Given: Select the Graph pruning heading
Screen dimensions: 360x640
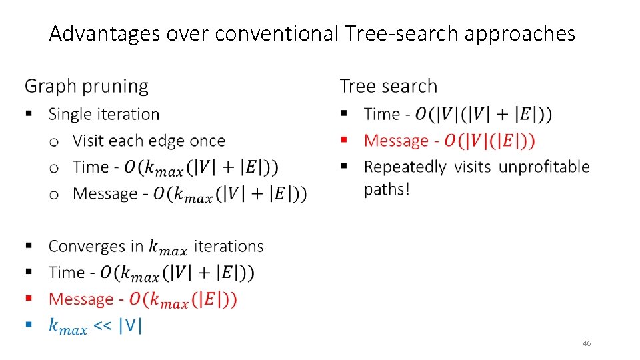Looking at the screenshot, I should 87,87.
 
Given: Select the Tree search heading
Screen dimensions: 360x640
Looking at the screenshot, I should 389,87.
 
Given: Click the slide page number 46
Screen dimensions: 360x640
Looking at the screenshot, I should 587,343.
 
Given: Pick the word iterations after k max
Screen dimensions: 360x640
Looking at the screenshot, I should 228,246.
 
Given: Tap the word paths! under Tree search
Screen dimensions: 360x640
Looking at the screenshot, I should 387,189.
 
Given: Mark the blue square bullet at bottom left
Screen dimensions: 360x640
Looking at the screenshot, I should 29,325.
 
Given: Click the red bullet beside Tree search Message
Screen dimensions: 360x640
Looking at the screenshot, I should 344,140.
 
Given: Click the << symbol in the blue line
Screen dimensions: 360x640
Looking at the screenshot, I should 103,326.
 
